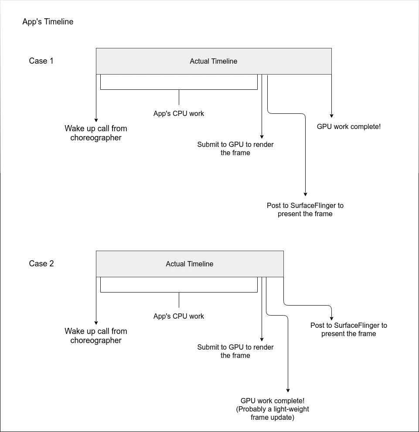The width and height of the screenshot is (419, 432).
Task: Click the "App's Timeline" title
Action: click(x=48, y=22)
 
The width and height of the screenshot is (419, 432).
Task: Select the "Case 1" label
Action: click(x=41, y=61)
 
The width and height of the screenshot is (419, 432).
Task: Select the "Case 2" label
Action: click(x=41, y=264)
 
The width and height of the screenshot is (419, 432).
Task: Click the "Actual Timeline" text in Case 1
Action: click(x=214, y=61)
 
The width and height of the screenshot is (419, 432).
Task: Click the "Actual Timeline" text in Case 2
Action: click(x=190, y=264)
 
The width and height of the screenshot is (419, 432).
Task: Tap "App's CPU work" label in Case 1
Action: click(x=179, y=114)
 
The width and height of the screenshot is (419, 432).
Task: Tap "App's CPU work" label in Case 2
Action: click(x=179, y=316)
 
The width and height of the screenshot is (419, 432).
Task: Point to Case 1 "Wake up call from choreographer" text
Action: click(x=96, y=133)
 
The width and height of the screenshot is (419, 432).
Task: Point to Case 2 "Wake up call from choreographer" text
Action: click(x=96, y=336)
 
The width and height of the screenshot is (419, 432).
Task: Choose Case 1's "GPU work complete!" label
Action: click(x=349, y=127)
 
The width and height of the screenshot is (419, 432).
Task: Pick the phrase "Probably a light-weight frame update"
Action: click(x=273, y=414)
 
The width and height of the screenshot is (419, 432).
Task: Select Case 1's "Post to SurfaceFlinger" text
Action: click(x=305, y=210)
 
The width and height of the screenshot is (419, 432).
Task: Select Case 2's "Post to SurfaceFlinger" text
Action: click(x=349, y=330)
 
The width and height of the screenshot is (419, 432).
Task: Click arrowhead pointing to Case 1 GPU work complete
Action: click(x=331, y=116)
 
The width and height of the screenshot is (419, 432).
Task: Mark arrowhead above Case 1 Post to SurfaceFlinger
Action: click(x=305, y=194)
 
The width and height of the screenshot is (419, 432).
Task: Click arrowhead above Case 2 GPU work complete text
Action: click(x=288, y=390)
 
